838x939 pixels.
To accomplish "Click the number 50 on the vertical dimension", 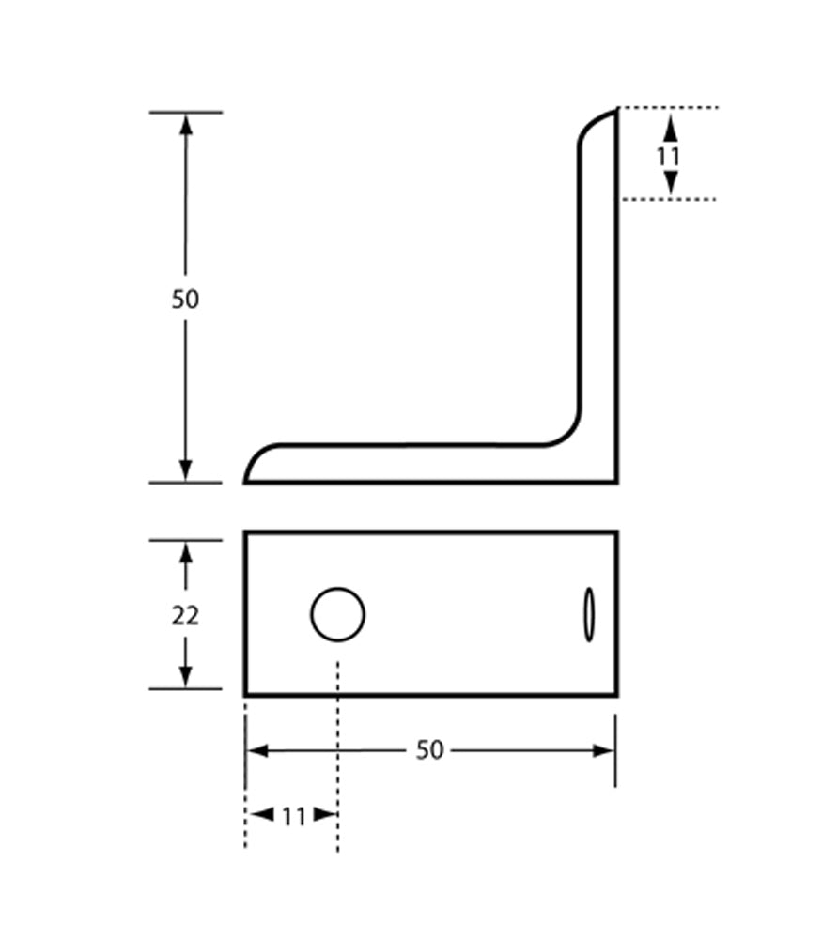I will pos(185,300).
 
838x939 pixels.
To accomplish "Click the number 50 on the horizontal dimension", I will pos(429,750).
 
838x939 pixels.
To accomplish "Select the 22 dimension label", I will pos(185,616).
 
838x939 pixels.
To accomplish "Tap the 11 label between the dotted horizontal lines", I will pos(668,157).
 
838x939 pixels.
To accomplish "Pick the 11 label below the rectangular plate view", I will pos(293,817).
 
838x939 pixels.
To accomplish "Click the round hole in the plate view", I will pos(337,615).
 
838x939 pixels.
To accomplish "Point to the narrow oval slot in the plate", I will pos(589,615).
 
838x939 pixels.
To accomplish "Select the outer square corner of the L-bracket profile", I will pos(614,481).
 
